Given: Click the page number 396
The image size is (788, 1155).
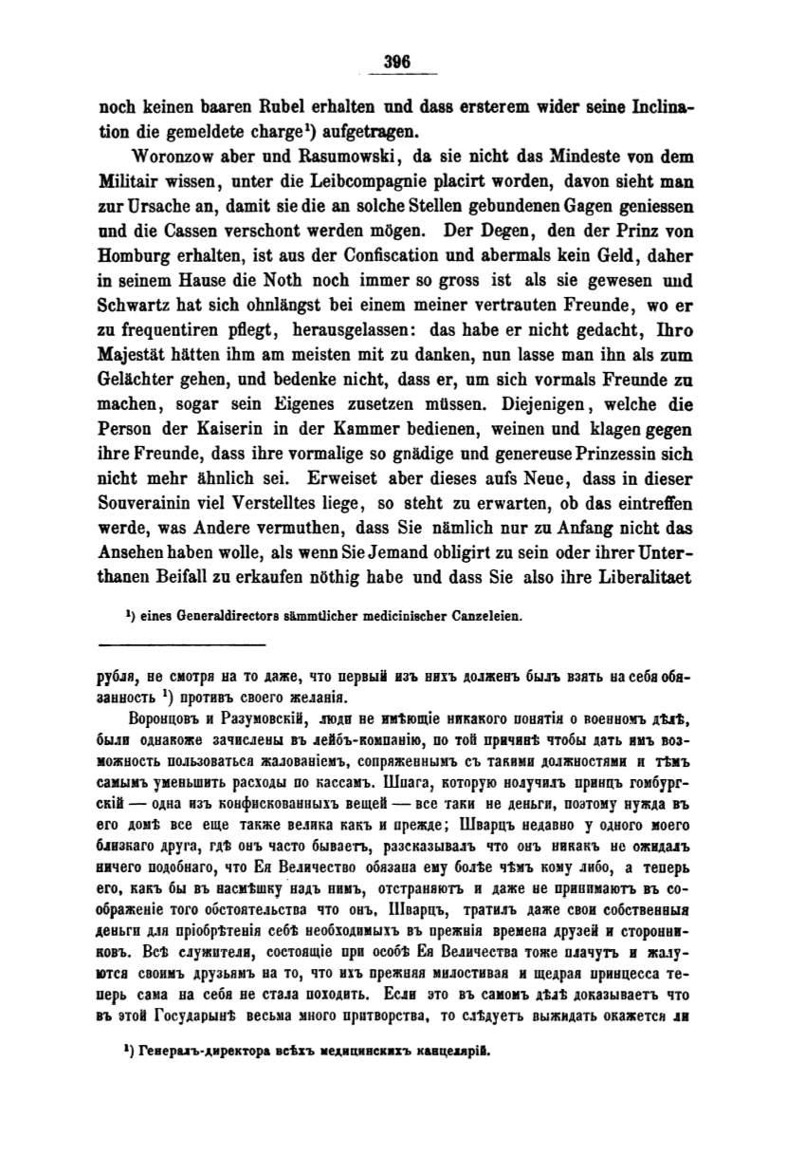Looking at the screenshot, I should (x=396, y=62).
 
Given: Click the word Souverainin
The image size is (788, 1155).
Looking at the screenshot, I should (x=150, y=501).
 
